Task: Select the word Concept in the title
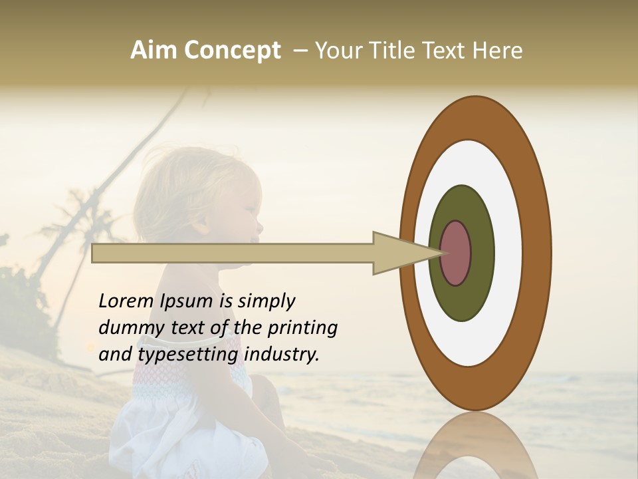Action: pyautogui.click(x=232, y=51)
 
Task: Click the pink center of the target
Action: pyautogui.click(x=455, y=253)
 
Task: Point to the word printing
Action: pyautogui.click(x=302, y=328)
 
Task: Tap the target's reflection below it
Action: pyautogui.click(x=475, y=446)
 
